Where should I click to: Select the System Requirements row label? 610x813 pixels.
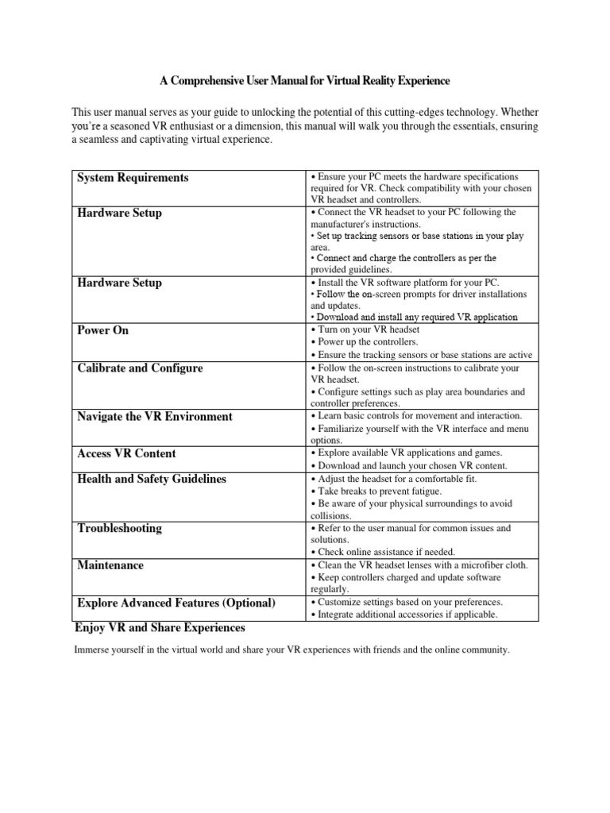tap(133, 178)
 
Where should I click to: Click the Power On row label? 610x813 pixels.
tap(102, 330)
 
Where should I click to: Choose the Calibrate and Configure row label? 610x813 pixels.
tap(140, 368)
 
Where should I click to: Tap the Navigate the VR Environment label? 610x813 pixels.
tap(155, 417)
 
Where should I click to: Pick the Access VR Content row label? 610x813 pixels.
tap(126, 453)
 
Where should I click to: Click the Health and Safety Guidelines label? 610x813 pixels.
tap(151, 480)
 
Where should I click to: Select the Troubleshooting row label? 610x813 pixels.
tap(119, 528)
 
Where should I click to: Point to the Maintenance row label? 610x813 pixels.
tap(110, 565)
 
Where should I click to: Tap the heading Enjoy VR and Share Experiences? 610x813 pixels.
tap(160, 627)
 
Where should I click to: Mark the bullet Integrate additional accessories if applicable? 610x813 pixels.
tap(404, 615)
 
